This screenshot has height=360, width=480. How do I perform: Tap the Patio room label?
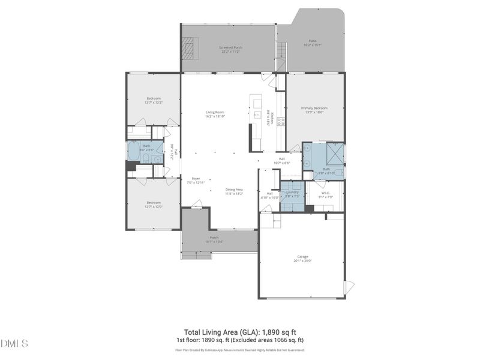[x=313, y=41]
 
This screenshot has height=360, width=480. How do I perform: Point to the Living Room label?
[x=215, y=112]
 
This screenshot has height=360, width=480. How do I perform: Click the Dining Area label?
[x=233, y=189]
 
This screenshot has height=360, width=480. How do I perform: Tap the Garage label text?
[x=303, y=256]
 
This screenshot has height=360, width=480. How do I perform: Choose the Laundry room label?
[x=292, y=193]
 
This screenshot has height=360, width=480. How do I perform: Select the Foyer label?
[x=196, y=178]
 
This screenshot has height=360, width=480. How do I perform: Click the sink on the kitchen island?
[x=257, y=114]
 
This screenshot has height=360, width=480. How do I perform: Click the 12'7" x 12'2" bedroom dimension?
[x=154, y=103]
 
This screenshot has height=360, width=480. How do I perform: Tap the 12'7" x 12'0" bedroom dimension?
[x=154, y=206]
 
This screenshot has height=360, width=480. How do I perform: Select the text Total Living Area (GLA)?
[x=221, y=332]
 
